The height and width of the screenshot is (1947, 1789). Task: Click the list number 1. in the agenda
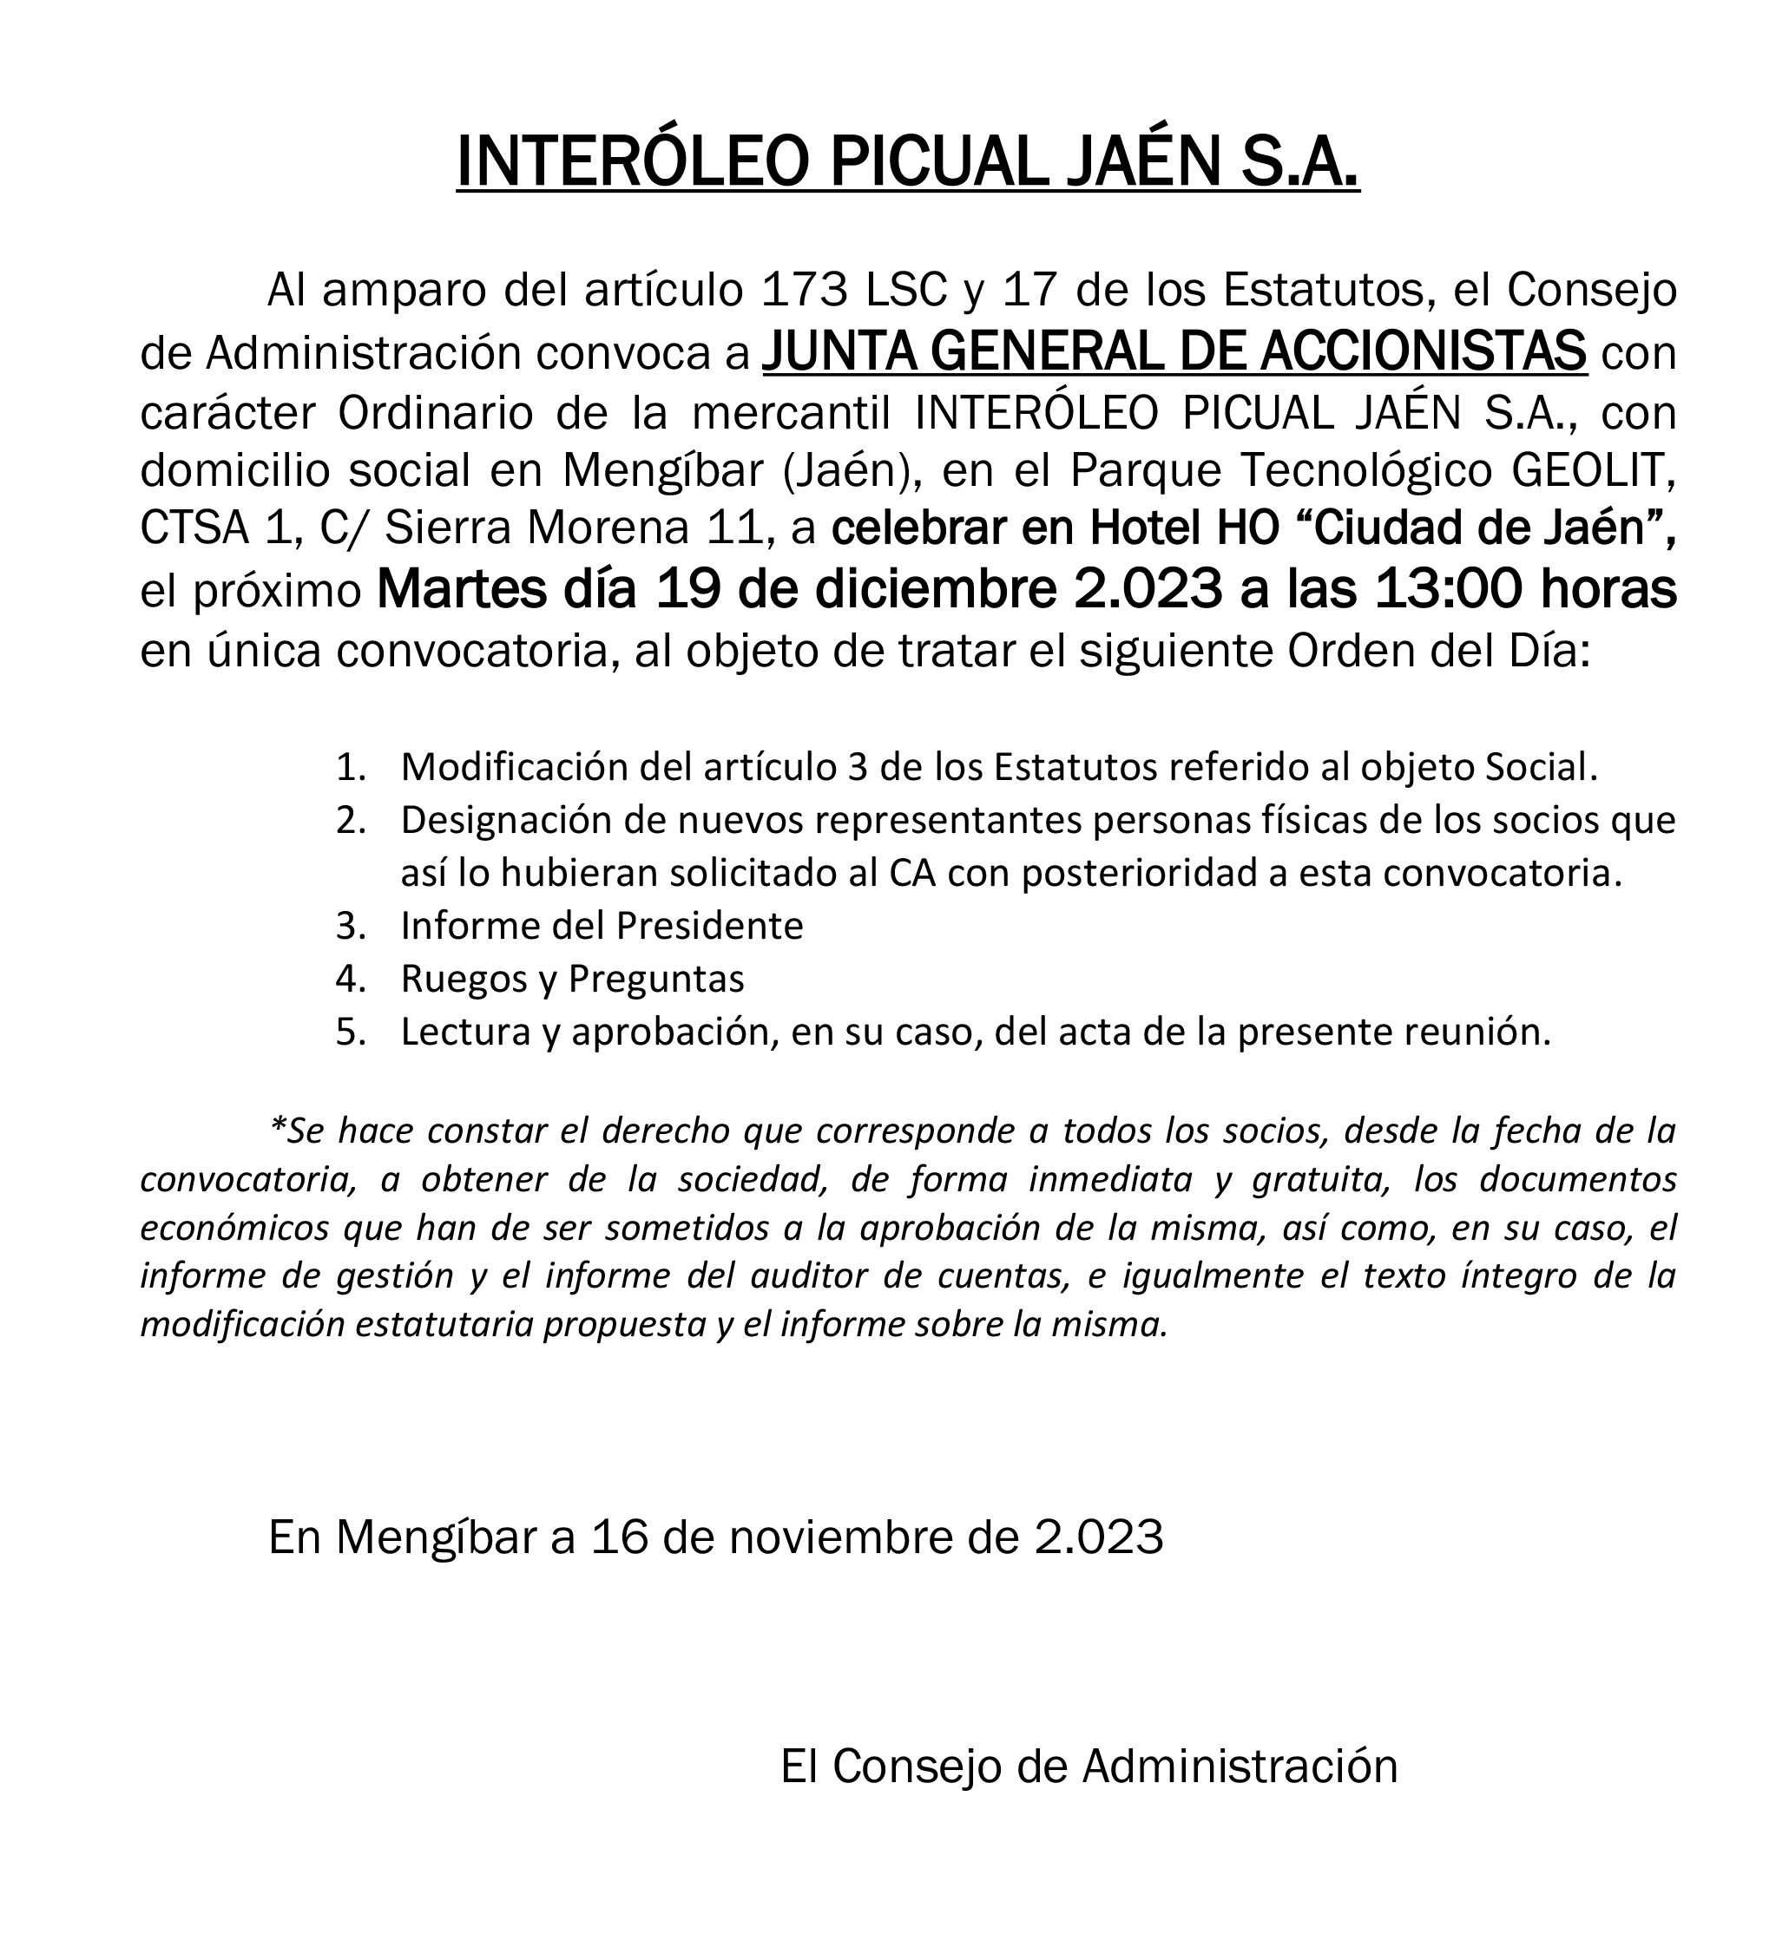(351, 767)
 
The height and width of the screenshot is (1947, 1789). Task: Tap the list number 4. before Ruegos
(351, 980)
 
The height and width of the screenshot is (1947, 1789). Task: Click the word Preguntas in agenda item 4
(656, 980)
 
